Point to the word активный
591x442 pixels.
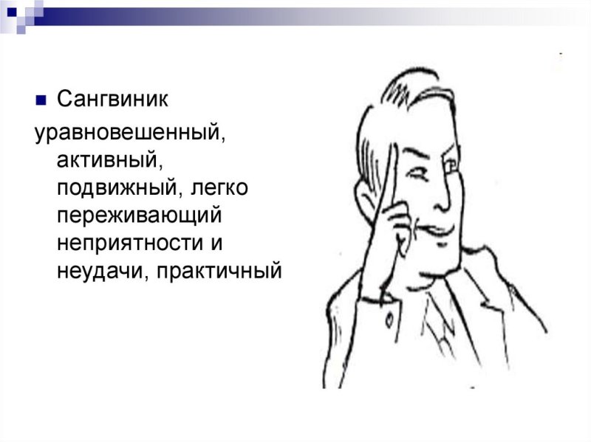coord(105,160)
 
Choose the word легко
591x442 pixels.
coord(220,188)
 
